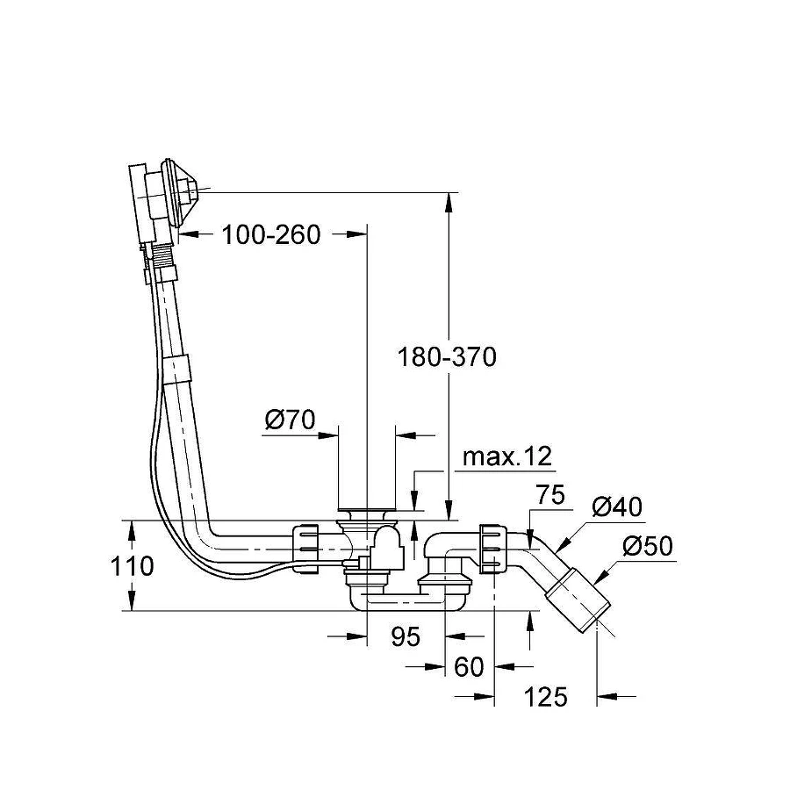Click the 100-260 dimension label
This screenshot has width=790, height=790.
coord(270,234)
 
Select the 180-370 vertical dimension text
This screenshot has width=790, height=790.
coord(447,357)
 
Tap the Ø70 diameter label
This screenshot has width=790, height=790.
coord(290,420)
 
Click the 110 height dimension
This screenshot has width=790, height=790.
coord(133,566)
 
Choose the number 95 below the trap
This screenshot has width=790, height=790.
coord(406,636)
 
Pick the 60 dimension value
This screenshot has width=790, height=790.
coord(470,667)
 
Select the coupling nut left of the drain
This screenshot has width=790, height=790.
coord(305,549)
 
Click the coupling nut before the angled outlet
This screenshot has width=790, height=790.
coord(493,549)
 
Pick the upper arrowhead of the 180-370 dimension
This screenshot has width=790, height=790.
coord(449,201)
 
